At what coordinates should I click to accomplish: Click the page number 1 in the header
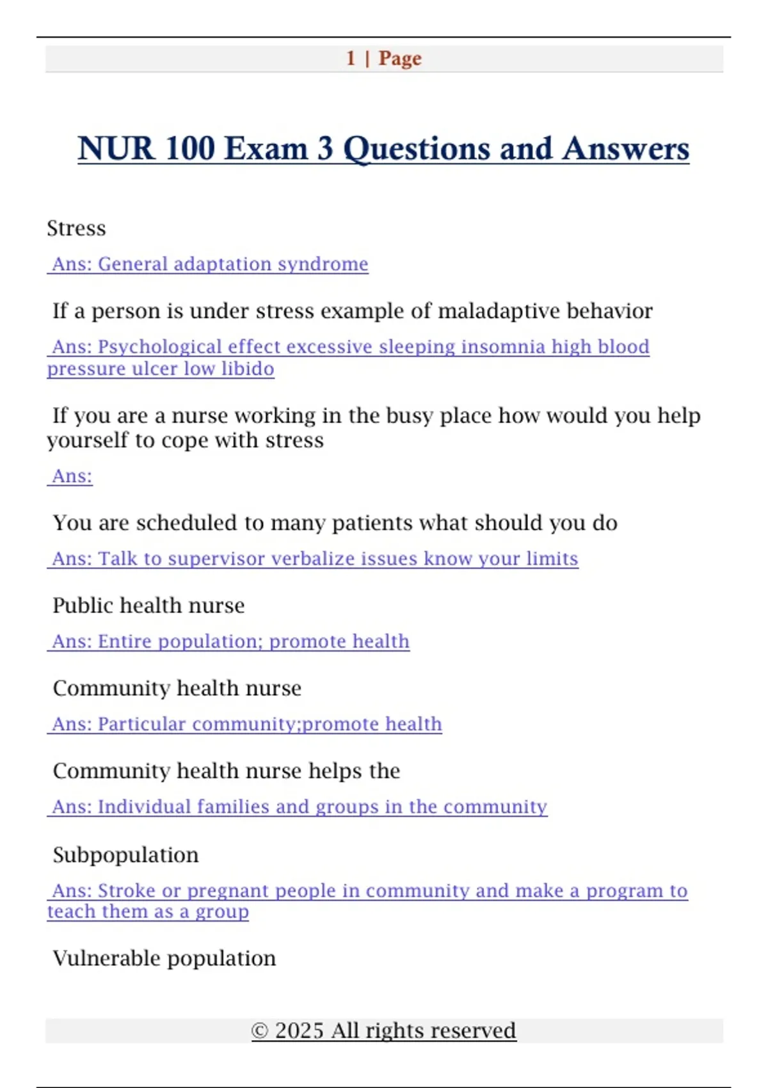point(351,58)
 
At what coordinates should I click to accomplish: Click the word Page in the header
point(400,58)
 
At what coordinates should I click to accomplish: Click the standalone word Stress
point(76,228)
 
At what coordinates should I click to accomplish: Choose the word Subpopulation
point(125,855)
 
